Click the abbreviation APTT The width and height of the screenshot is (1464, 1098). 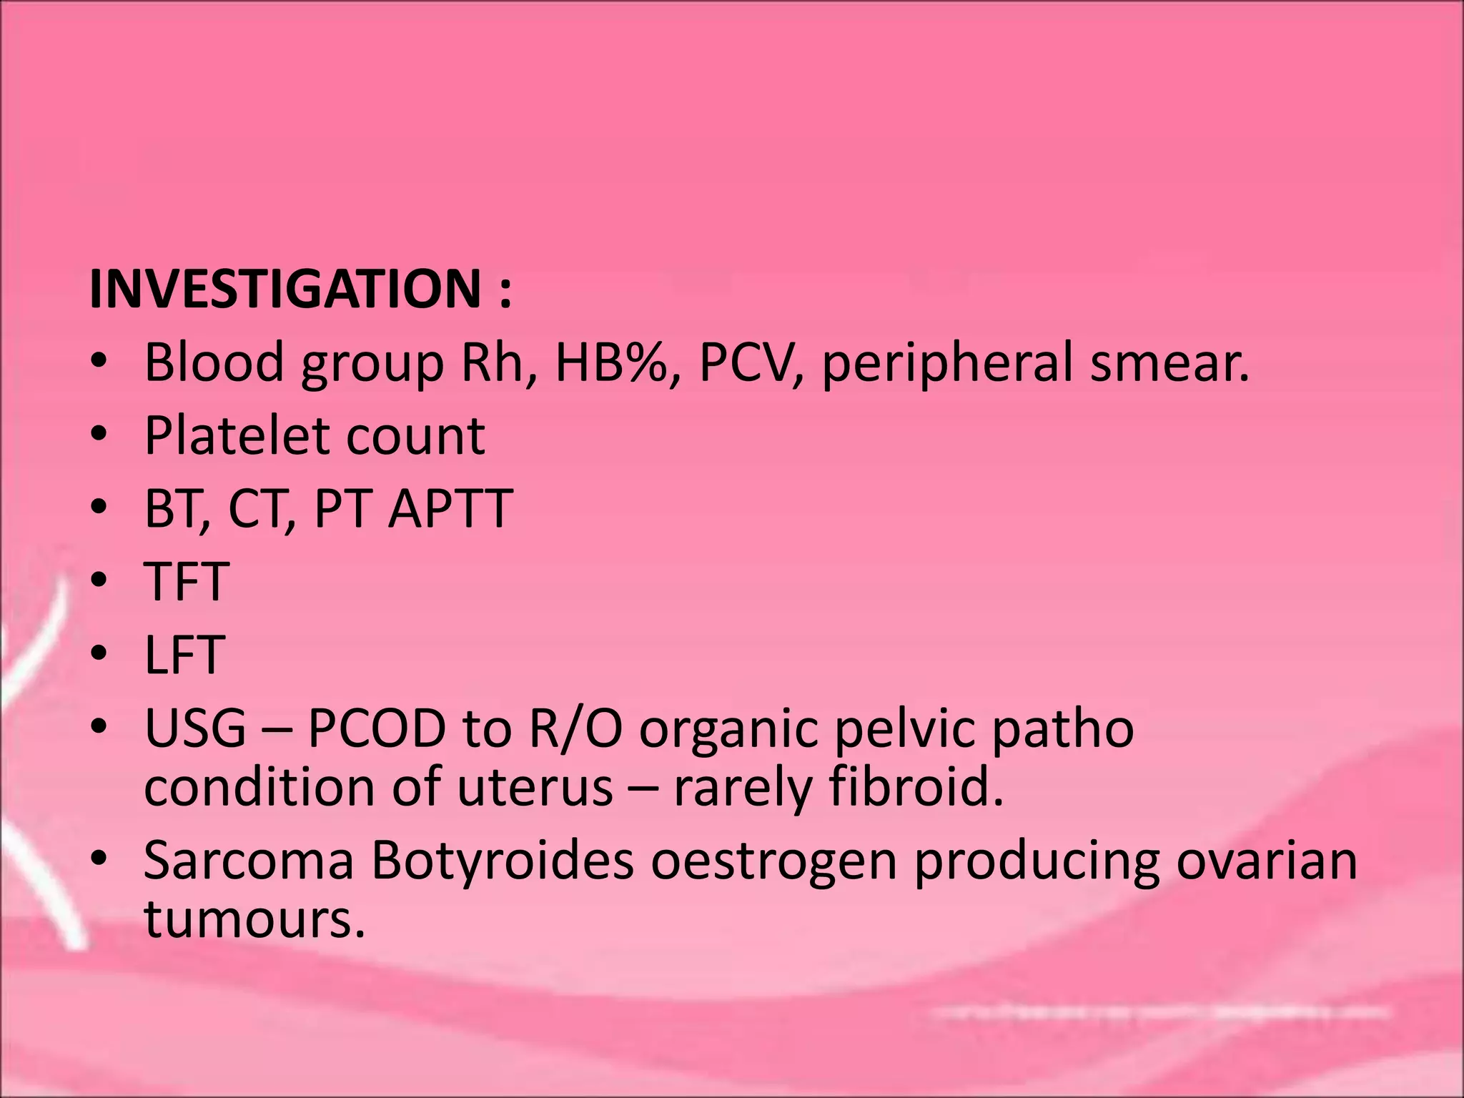(x=450, y=509)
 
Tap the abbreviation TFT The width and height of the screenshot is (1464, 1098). (x=187, y=582)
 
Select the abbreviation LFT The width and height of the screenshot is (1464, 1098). (x=185, y=655)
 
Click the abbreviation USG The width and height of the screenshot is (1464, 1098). (x=195, y=728)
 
